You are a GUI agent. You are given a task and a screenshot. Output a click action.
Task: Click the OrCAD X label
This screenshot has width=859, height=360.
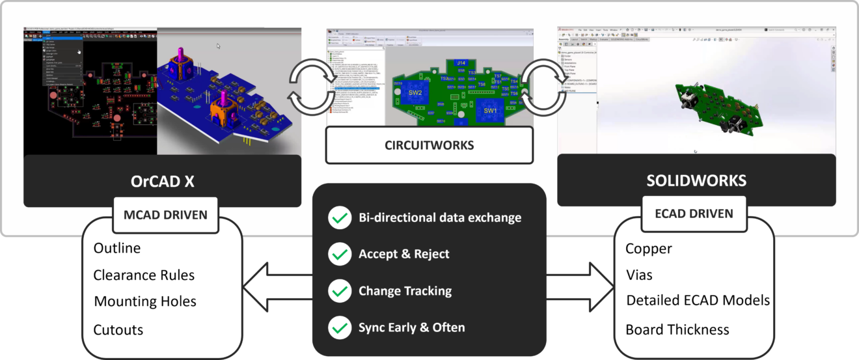[162, 182]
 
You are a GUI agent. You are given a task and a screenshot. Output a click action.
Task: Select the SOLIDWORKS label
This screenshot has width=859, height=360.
[696, 180]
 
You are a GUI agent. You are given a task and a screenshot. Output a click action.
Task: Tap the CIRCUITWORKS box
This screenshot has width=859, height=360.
[429, 145]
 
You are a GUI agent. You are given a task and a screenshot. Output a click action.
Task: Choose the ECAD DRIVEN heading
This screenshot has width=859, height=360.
[694, 213]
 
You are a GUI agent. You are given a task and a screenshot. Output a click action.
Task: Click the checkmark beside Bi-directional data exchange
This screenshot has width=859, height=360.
[339, 217]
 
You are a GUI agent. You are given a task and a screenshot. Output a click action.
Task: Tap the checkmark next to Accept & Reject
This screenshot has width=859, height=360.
[339, 254]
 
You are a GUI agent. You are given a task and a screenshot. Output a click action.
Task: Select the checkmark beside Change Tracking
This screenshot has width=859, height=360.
[339, 291]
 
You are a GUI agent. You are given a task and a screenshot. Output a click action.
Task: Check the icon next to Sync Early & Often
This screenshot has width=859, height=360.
[339, 327]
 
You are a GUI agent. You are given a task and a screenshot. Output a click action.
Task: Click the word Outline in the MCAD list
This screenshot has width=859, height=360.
[117, 248]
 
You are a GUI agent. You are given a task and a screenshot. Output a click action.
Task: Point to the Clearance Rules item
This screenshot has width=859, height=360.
[144, 275]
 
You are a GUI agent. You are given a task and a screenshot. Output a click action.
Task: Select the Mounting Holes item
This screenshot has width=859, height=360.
[145, 301]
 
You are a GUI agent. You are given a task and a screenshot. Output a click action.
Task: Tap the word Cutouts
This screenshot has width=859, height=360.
[118, 329]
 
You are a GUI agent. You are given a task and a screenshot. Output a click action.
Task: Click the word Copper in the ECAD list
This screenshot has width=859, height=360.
[649, 249]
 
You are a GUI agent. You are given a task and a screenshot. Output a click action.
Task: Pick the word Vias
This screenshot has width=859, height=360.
[639, 275]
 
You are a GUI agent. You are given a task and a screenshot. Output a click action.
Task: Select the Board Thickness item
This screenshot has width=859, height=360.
[677, 329]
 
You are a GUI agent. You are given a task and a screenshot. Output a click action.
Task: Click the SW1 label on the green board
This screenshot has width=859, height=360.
[490, 111]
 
